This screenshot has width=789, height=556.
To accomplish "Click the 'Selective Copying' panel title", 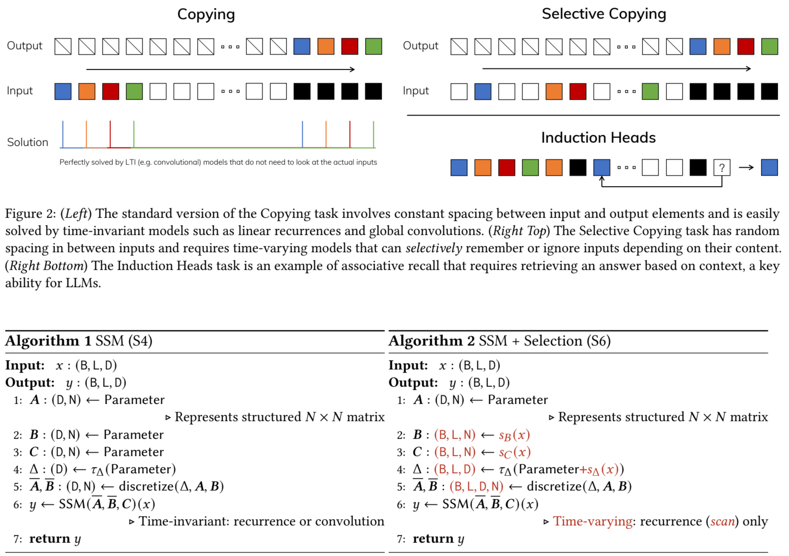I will [603, 14].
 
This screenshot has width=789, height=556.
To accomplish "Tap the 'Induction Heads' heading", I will [598, 138].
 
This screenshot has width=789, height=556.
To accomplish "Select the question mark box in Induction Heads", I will [722, 167].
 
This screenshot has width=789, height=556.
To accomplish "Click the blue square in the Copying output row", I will [302, 46].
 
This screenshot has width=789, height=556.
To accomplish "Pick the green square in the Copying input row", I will [134, 91].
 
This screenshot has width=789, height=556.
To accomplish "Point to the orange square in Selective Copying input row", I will [554, 91].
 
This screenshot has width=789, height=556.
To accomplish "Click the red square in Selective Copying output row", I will [745, 46].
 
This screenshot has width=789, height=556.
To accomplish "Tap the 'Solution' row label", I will [28, 142].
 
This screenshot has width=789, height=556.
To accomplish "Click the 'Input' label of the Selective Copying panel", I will [416, 91].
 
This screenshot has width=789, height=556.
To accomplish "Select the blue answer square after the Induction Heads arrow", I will [769, 167].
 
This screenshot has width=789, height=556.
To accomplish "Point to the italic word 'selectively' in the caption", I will [433, 248].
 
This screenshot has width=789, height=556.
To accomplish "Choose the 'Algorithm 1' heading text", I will [48, 341].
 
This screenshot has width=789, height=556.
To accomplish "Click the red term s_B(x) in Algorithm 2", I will [514, 435].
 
